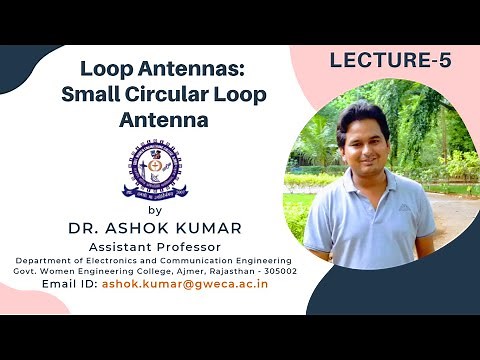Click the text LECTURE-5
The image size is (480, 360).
(x=391, y=61)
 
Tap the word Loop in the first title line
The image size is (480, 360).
(x=105, y=71)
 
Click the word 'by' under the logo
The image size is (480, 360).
(x=153, y=210)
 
